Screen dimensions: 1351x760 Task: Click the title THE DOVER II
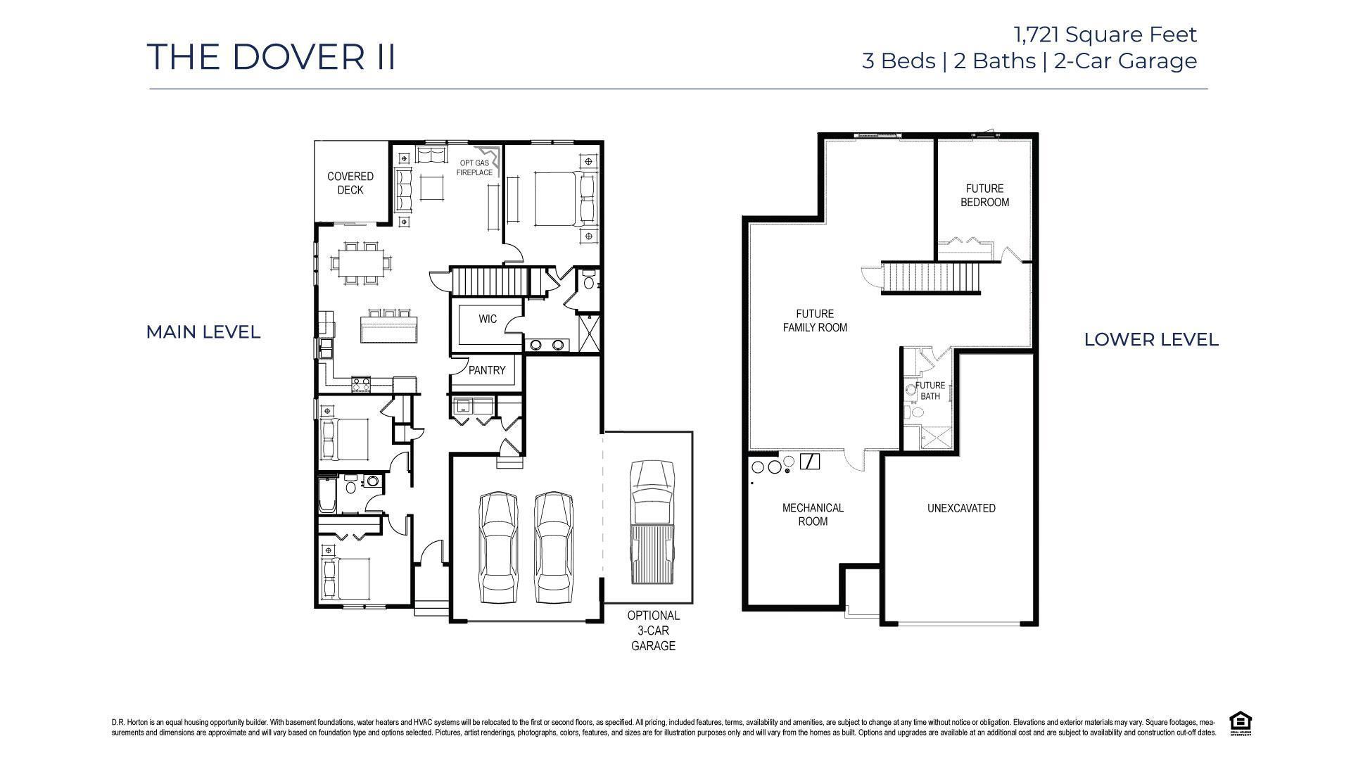(272, 56)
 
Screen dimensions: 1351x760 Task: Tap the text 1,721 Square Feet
(1105, 34)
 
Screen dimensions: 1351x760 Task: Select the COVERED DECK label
(350, 183)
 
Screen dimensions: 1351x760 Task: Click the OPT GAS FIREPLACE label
(474, 167)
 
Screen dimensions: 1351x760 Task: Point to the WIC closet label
(488, 319)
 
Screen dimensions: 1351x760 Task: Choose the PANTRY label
(487, 370)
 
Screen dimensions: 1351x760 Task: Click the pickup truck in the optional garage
(652, 522)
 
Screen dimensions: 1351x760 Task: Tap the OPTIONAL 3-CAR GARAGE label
(653, 631)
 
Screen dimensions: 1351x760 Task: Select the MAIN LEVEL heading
(203, 332)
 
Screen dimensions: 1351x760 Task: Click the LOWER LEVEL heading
(1151, 339)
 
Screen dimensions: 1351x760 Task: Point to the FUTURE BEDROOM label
(984, 195)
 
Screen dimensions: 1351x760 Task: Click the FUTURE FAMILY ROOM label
(815, 320)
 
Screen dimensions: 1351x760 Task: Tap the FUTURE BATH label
(930, 391)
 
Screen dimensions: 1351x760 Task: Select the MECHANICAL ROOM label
(813, 514)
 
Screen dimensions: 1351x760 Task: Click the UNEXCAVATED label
(961, 508)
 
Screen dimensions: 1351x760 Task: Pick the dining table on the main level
(360, 263)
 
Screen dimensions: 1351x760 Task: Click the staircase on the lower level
(931, 277)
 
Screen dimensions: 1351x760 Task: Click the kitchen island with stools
(388, 326)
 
